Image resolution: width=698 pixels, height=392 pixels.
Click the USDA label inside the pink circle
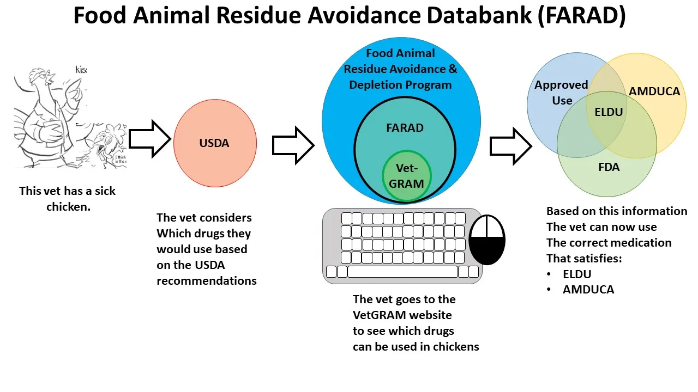coord(214,143)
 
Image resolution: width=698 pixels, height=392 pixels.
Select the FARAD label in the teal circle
coord(405,128)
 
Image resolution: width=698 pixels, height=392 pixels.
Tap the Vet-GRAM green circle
coord(406,176)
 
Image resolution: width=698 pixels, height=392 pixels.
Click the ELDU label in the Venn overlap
coord(609,113)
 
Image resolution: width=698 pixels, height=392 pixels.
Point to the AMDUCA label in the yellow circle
coord(654,91)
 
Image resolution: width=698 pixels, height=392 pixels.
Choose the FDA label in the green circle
coord(609,167)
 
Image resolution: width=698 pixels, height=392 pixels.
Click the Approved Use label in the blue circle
coord(561,93)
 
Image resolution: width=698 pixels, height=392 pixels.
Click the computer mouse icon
coord(487,240)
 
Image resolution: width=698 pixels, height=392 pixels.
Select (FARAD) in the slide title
coord(581,16)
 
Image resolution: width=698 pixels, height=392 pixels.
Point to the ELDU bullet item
coord(577,274)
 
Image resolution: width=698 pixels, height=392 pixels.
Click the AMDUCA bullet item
coord(588,290)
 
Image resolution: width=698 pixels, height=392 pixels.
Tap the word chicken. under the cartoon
coord(68,207)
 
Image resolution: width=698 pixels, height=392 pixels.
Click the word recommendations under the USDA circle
coord(207,281)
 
